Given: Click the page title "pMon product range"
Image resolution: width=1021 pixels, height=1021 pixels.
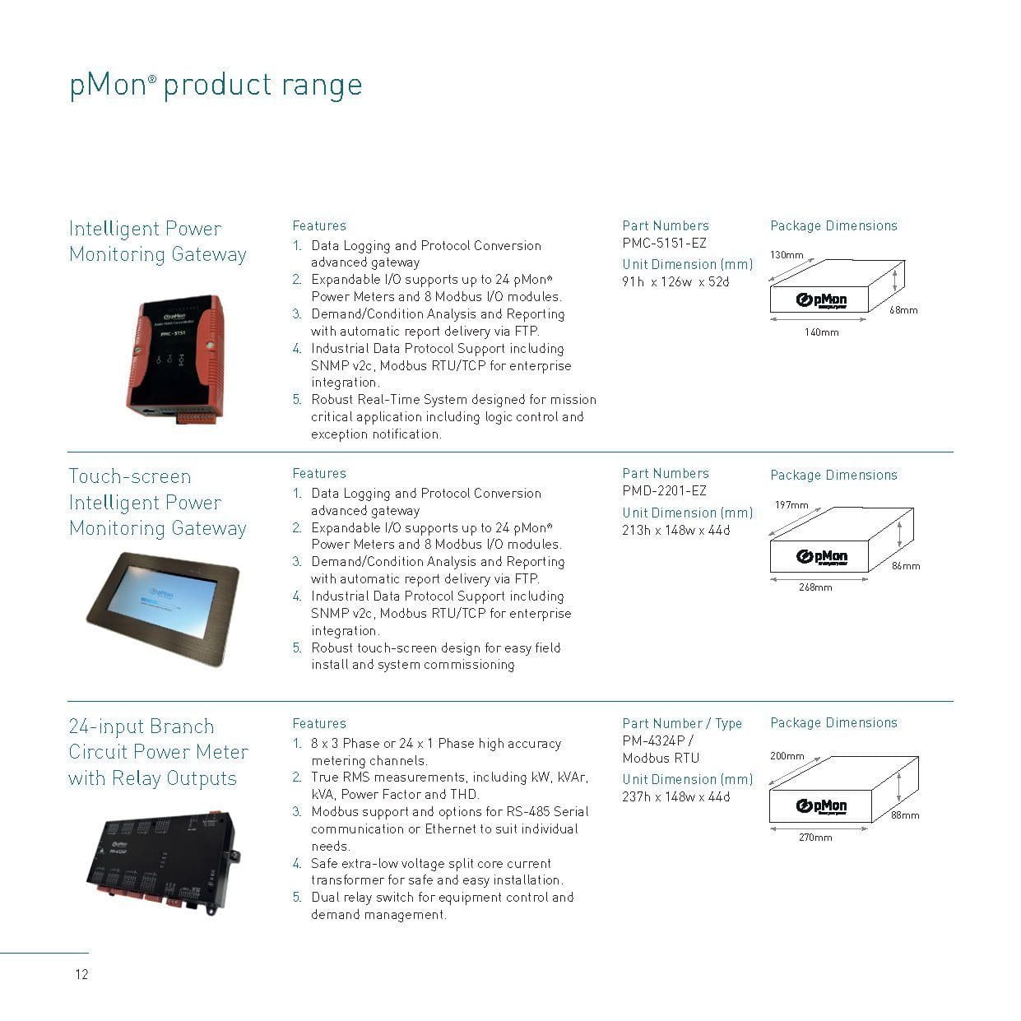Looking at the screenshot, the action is tap(216, 85).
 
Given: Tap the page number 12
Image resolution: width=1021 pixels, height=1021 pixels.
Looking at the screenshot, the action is tap(81, 974).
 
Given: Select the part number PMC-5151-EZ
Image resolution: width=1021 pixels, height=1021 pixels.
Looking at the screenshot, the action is tap(664, 244).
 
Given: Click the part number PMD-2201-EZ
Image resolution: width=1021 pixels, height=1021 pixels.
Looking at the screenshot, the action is tap(664, 490).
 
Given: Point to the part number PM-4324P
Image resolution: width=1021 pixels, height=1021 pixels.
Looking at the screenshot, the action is tap(653, 740).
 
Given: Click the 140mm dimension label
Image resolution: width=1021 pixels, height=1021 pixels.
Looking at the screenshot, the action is tap(821, 332).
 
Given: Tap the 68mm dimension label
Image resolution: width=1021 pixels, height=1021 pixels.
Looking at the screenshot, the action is tap(903, 310).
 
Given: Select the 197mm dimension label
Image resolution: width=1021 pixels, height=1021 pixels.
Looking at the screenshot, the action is tap(791, 505).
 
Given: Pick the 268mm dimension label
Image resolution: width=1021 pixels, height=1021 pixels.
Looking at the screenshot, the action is tap(815, 587).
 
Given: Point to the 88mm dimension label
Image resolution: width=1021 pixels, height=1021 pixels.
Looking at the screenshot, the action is tap(905, 814).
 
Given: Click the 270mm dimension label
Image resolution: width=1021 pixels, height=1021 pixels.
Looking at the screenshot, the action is tap(815, 838).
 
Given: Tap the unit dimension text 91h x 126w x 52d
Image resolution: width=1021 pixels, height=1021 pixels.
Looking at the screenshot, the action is tap(675, 282).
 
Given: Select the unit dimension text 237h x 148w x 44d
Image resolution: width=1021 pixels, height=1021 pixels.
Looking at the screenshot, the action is tap(676, 797).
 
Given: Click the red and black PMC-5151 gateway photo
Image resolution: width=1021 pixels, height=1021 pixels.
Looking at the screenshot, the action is tap(176, 358).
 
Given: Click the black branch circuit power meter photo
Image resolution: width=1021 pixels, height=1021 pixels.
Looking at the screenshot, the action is tap(163, 862).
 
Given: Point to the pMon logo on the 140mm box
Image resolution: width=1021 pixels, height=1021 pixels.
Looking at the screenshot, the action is tap(821, 300).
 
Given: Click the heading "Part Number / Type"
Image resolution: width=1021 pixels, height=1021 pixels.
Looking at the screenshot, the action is tap(682, 723).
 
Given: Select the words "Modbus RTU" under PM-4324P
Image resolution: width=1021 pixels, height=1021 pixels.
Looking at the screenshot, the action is tap(661, 759).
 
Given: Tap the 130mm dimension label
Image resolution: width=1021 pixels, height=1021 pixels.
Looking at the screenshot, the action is tap(787, 255).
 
